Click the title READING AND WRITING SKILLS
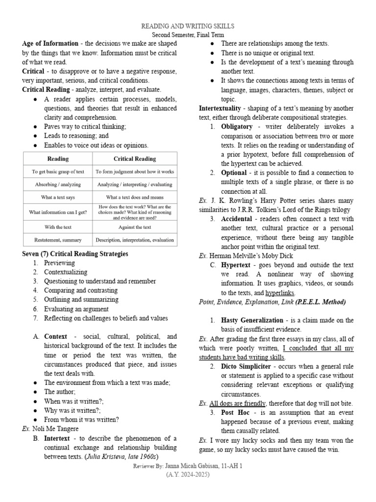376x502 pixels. (188, 26)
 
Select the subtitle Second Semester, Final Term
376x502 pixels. (188, 35)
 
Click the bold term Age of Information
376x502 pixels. (50, 44)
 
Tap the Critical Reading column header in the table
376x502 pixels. (135, 159)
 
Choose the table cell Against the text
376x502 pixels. (135, 227)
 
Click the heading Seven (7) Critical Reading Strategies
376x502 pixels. (75, 254)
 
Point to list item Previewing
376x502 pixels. (59, 263)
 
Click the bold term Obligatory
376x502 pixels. (237, 126)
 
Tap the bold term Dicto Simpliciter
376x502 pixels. (247, 366)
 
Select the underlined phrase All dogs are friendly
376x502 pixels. (237, 403)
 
